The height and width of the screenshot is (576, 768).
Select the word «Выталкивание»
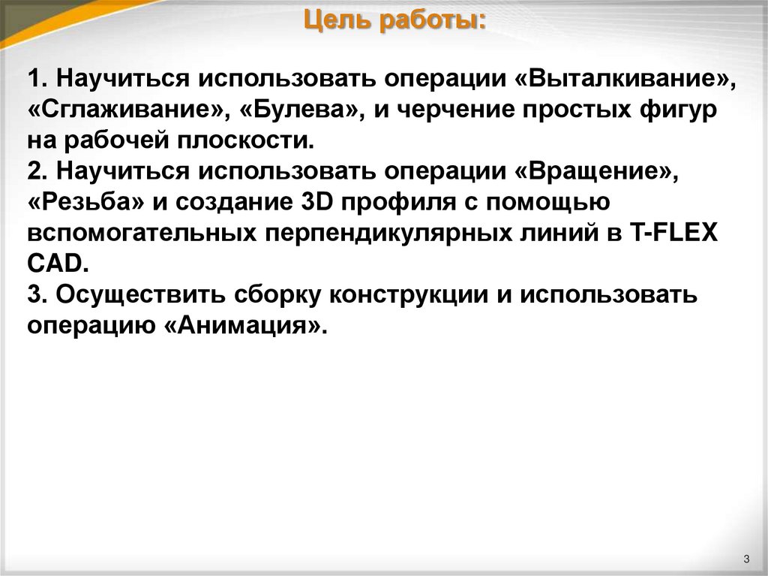626,79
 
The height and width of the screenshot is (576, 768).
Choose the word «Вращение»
595,171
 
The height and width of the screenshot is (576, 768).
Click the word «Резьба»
88,203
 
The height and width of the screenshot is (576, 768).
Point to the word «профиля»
395,203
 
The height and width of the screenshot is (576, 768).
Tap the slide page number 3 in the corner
747,558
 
